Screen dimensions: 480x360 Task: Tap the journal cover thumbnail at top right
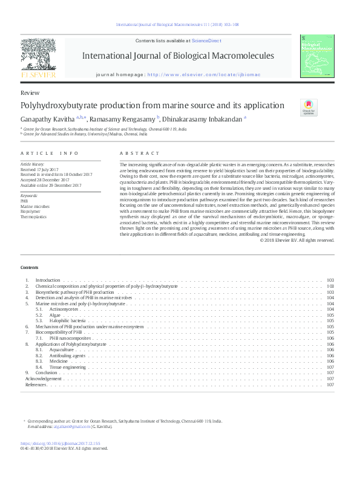click(x=317, y=56)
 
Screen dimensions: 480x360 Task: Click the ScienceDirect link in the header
click(x=205, y=41)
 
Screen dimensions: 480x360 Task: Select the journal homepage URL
click(x=200, y=75)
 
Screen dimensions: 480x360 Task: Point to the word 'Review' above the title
click(x=30, y=93)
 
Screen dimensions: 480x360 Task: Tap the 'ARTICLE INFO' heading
click(x=50, y=153)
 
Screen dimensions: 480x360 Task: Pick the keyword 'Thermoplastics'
click(x=33, y=216)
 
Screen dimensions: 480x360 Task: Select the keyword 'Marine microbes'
click(x=34, y=206)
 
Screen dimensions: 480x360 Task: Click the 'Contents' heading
click(x=29, y=267)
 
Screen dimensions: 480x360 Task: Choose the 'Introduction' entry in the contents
click(x=48, y=281)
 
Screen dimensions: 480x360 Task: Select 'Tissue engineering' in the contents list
click(x=68, y=367)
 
